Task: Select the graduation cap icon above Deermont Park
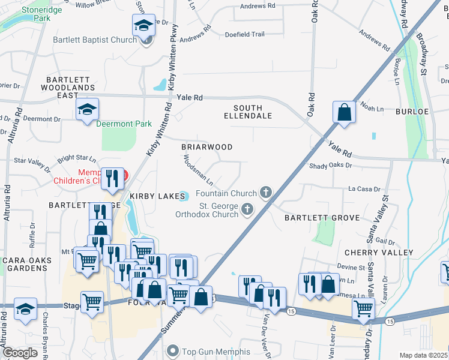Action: [87, 109]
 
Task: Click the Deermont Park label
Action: [124, 124]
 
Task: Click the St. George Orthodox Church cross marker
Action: [247, 209]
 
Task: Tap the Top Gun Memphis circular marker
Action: [173, 350]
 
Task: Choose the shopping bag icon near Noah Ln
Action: [344, 112]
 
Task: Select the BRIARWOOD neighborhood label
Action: [206, 146]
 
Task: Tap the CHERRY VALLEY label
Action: [369, 253]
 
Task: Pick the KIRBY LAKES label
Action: [151, 196]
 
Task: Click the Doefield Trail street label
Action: [244, 34]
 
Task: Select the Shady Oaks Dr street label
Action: [330, 166]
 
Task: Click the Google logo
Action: [20, 353]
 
